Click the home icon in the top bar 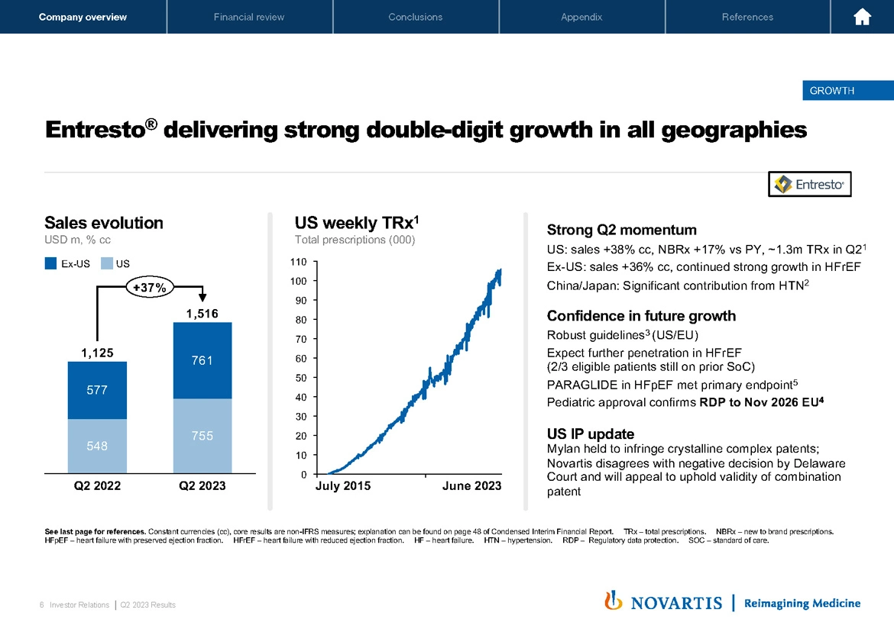pos(862,17)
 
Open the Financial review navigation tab pos(249,17)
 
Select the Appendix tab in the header pos(581,17)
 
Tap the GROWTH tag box pos(831,91)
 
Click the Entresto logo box pos(809,184)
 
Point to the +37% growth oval pos(151,287)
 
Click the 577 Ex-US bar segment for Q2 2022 pos(96,390)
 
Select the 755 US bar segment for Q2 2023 pos(202,436)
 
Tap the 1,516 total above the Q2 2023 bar pos(202,314)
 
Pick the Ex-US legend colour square pos(51,264)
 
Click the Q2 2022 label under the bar pos(96,485)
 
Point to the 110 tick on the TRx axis pos(299,262)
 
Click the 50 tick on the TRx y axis pos(301,378)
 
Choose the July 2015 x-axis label pos(342,486)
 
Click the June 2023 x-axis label pos(472,486)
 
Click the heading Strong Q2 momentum pos(621,230)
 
